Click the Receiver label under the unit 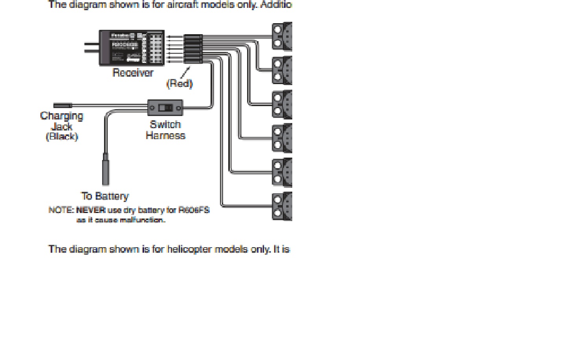coord(133,73)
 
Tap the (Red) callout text coord(180,84)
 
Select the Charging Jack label coord(62,121)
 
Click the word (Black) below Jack coord(62,137)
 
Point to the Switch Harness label coord(165,130)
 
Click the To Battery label coord(105,196)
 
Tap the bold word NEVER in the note coord(91,210)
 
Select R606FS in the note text coord(194,210)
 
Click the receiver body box coord(132,47)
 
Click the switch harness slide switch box coord(165,108)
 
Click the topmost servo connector coord(282,36)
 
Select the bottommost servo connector coord(282,206)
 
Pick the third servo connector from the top coord(282,104)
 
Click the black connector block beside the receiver coord(193,49)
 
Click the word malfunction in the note coord(142,220)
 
